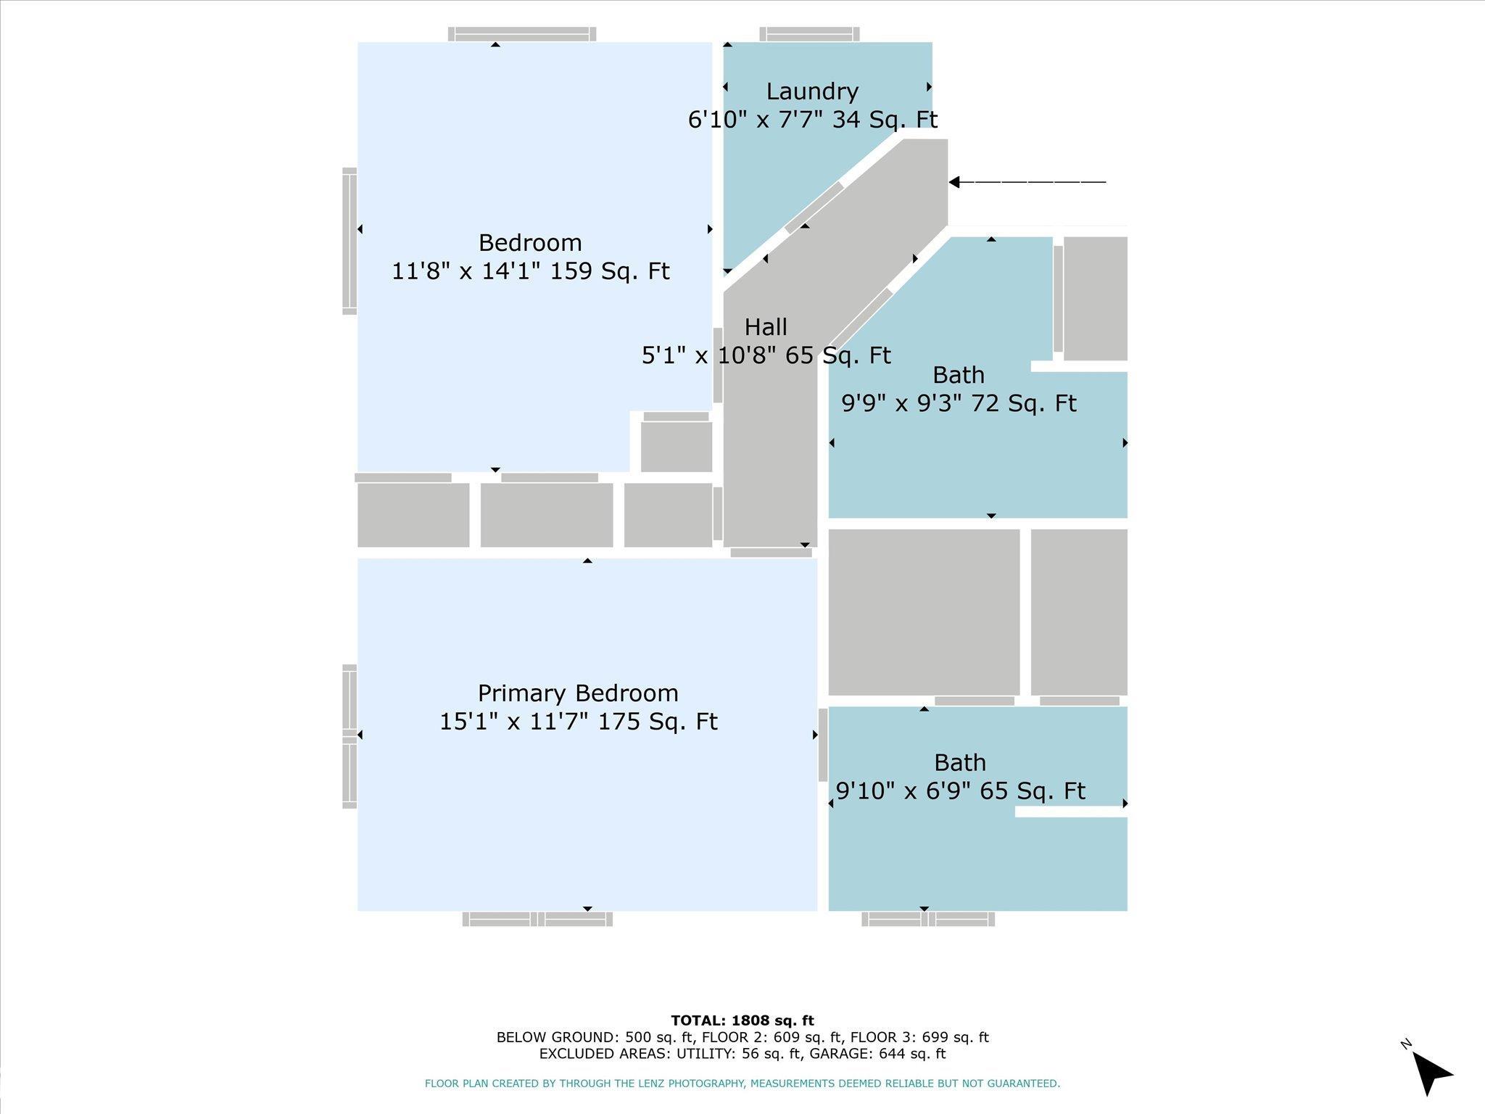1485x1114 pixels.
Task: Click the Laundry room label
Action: pos(812,91)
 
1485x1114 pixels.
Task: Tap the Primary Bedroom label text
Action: pos(578,693)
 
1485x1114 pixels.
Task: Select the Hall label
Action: pos(766,327)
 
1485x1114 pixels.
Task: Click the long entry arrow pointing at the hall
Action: pos(1027,182)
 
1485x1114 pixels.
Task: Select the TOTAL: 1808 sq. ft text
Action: pos(742,1020)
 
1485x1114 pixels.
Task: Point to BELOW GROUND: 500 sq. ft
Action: pos(597,1037)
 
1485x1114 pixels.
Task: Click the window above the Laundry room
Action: pos(809,34)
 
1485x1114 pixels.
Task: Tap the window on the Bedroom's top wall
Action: pos(522,34)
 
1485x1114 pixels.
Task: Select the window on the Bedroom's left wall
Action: pos(349,242)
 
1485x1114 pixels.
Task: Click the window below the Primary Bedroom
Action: pos(537,919)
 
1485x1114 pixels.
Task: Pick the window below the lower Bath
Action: pos(928,919)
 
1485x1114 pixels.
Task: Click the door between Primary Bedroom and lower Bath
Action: pos(823,745)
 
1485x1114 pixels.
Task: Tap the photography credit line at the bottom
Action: pos(742,1084)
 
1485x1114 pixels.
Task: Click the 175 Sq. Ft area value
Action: pos(658,722)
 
